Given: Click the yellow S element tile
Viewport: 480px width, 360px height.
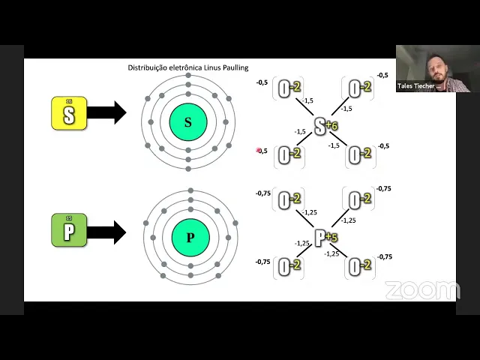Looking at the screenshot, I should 69,114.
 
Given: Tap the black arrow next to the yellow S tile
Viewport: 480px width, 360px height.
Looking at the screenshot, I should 106,114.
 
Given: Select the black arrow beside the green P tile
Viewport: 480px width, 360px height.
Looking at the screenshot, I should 106,232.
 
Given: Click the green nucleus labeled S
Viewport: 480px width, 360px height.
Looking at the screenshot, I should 187,122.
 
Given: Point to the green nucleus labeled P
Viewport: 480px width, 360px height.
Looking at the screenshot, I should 190,238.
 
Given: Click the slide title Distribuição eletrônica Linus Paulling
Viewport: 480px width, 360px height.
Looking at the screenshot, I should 187,67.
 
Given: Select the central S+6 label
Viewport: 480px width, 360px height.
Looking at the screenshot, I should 325,126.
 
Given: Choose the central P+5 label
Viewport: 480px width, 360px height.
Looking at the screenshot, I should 325,238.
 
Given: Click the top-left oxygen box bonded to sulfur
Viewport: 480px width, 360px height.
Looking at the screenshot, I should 289,88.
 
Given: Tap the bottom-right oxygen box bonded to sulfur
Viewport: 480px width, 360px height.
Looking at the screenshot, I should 361,155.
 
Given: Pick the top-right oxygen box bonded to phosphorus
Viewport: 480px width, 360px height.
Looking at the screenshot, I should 361,200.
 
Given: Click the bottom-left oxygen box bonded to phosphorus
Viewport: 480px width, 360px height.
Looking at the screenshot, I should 289,266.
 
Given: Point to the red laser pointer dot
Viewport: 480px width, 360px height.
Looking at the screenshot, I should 259,150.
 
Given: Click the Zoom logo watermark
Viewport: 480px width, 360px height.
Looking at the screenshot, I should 422,290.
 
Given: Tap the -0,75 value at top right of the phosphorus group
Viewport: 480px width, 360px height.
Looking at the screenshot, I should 383,189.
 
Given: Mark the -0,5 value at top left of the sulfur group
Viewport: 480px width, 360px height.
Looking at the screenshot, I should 262,82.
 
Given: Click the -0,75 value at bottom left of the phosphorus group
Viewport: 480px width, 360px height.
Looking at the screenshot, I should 262,262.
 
